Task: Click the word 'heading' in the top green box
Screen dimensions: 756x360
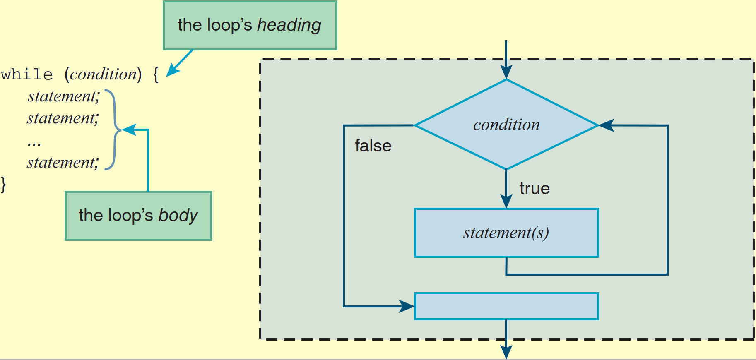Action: (x=289, y=26)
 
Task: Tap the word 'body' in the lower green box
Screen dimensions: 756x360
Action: (x=178, y=216)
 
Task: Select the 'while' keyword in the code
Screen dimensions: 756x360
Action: (x=27, y=74)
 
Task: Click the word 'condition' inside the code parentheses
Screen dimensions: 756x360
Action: (x=103, y=74)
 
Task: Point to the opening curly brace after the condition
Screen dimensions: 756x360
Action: (x=156, y=75)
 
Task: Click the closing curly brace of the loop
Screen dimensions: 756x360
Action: (x=3, y=184)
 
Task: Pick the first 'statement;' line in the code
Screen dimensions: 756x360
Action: (x=64, y=96)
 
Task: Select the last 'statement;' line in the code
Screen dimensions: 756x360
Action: (x=63, y=163)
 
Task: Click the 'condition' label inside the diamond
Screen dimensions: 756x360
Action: (x=506, y=125)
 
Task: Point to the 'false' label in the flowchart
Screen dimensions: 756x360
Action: (x=373, y=146)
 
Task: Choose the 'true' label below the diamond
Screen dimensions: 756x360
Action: (x=534, y=188)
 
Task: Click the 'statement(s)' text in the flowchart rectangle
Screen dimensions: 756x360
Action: (x=506, y=233)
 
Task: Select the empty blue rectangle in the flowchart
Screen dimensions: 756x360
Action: (x=506, y=306)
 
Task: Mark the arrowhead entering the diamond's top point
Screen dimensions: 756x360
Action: (x=506, y=72)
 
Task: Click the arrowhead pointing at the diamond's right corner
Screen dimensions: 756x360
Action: (x=606, y=125)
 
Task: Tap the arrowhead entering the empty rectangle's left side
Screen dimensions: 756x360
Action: (x=407, y=306)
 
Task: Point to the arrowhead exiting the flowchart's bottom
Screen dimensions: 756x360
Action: (x=506, y=352)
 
